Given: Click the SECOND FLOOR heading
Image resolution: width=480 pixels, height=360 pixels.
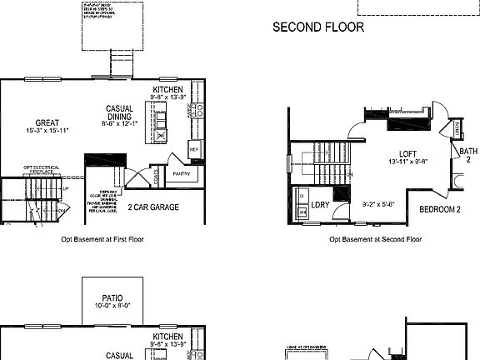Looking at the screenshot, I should pos(318,27).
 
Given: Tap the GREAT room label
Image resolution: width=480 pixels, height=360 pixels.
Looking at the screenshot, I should pos(47,122).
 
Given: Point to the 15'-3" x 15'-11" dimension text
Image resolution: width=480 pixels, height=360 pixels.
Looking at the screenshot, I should pos(47,131).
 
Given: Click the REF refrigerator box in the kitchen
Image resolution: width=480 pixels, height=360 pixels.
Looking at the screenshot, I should pos(194,150).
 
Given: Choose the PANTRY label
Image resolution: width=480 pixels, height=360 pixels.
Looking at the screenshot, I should pos(182,173).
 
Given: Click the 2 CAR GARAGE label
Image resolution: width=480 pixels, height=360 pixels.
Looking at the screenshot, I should pos(153,207).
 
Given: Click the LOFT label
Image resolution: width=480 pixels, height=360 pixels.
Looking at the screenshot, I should pos(407,153).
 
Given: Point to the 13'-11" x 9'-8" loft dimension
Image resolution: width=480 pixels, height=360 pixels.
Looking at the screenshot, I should pos(407,162).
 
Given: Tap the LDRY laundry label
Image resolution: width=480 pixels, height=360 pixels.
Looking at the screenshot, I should pos(320,205).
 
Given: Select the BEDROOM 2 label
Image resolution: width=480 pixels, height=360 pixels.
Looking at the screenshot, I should pos(440,209).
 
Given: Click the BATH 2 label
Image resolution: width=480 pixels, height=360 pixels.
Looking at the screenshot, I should pos(467,154).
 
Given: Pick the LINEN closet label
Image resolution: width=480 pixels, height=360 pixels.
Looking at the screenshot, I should pos(457,129).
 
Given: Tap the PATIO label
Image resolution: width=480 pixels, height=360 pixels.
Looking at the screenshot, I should pos(112,297).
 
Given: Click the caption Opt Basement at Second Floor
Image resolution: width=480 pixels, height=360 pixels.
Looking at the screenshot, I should pos(375,239).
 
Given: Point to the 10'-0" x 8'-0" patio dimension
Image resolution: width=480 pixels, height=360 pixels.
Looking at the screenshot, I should pos(112,307).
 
